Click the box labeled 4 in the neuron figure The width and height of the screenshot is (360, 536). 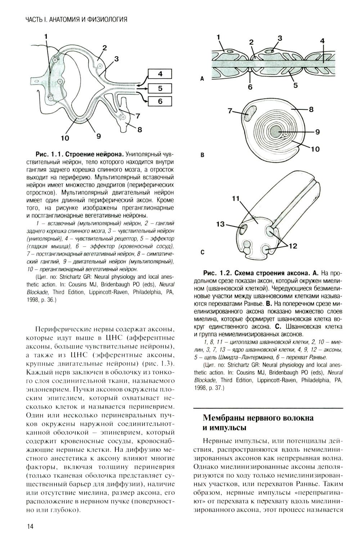click(x=160, y=74)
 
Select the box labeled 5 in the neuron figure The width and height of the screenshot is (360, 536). click(x=160, y=88)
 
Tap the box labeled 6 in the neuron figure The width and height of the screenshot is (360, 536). click(x=160, y=101)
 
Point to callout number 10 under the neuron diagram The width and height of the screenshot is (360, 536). click(x=65, y=138)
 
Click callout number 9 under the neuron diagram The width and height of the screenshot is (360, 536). click(x=98, y=136)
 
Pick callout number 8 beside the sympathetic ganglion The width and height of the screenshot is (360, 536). click(x=139, y=130)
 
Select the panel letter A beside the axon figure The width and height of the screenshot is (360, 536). click(x=202, y=78)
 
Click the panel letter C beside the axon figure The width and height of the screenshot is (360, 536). click(x=202, y=253)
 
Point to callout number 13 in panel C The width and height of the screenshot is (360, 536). click(x=220, y=224)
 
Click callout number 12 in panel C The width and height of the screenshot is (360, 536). click(x=292, y=246)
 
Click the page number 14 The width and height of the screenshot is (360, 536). click(x=30, y=526)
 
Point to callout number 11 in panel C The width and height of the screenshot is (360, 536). click(x=236, y=198)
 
